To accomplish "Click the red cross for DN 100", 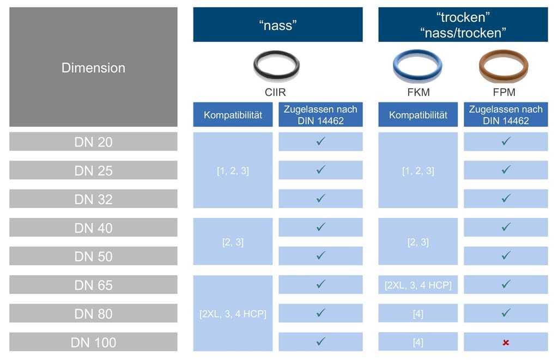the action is click(x=506, y=343).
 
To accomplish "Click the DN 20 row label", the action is click(x=93, y=142).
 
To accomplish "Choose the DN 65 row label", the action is click(x=93, y=285).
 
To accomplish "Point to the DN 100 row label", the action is click(x=93, y=342).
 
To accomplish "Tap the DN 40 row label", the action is click(x=93, y=228).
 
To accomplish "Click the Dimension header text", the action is click(x=93, y=68).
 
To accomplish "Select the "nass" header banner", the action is click(x=278, y=25).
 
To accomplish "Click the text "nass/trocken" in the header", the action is click(x=463, y=33).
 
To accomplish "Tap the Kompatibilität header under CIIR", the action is click(x=233, y=114).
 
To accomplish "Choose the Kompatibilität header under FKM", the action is click(x=418, y=114).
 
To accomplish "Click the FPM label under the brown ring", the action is click(x=504, y=92).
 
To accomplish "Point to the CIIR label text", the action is click(x=275, y=92).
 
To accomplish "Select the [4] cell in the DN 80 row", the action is click(x=418, y=313).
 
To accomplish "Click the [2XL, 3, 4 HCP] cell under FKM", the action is click(x=418, y=285).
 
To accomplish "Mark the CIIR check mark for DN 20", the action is click(x=320, y=141).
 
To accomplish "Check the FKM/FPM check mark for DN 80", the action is click(x=506, y=313).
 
